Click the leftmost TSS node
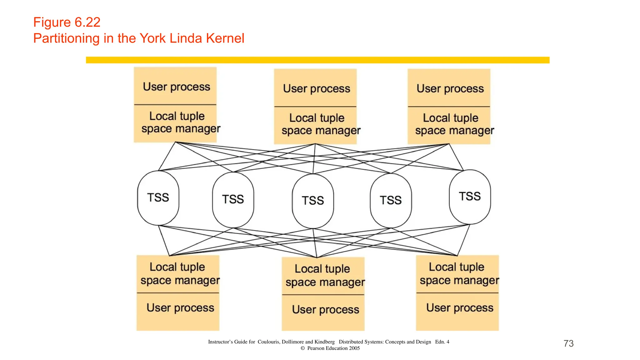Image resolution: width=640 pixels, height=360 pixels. point(158,197)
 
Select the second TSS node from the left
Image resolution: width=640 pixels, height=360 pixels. point(233,199)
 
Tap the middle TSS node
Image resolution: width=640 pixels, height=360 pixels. point(313,201)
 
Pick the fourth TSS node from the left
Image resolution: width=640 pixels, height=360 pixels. point(391,200)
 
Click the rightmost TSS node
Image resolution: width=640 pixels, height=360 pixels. point(470,197)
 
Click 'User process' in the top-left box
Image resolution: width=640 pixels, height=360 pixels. point(177,87)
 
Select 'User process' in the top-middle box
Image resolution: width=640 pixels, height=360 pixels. point(317,89)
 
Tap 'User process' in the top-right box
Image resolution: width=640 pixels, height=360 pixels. point(450,89)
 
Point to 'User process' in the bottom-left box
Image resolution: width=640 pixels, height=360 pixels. point(180,308)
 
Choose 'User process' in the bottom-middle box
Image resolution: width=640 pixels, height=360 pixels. point(326,310)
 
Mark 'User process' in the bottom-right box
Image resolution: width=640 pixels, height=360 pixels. point(460,308)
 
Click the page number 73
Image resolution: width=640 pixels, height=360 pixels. point(568,343)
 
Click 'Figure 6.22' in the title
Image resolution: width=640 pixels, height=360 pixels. point(67,22)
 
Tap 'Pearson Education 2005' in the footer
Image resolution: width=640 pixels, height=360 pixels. point(333,348)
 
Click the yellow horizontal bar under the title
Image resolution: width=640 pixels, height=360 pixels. point(317,60)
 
